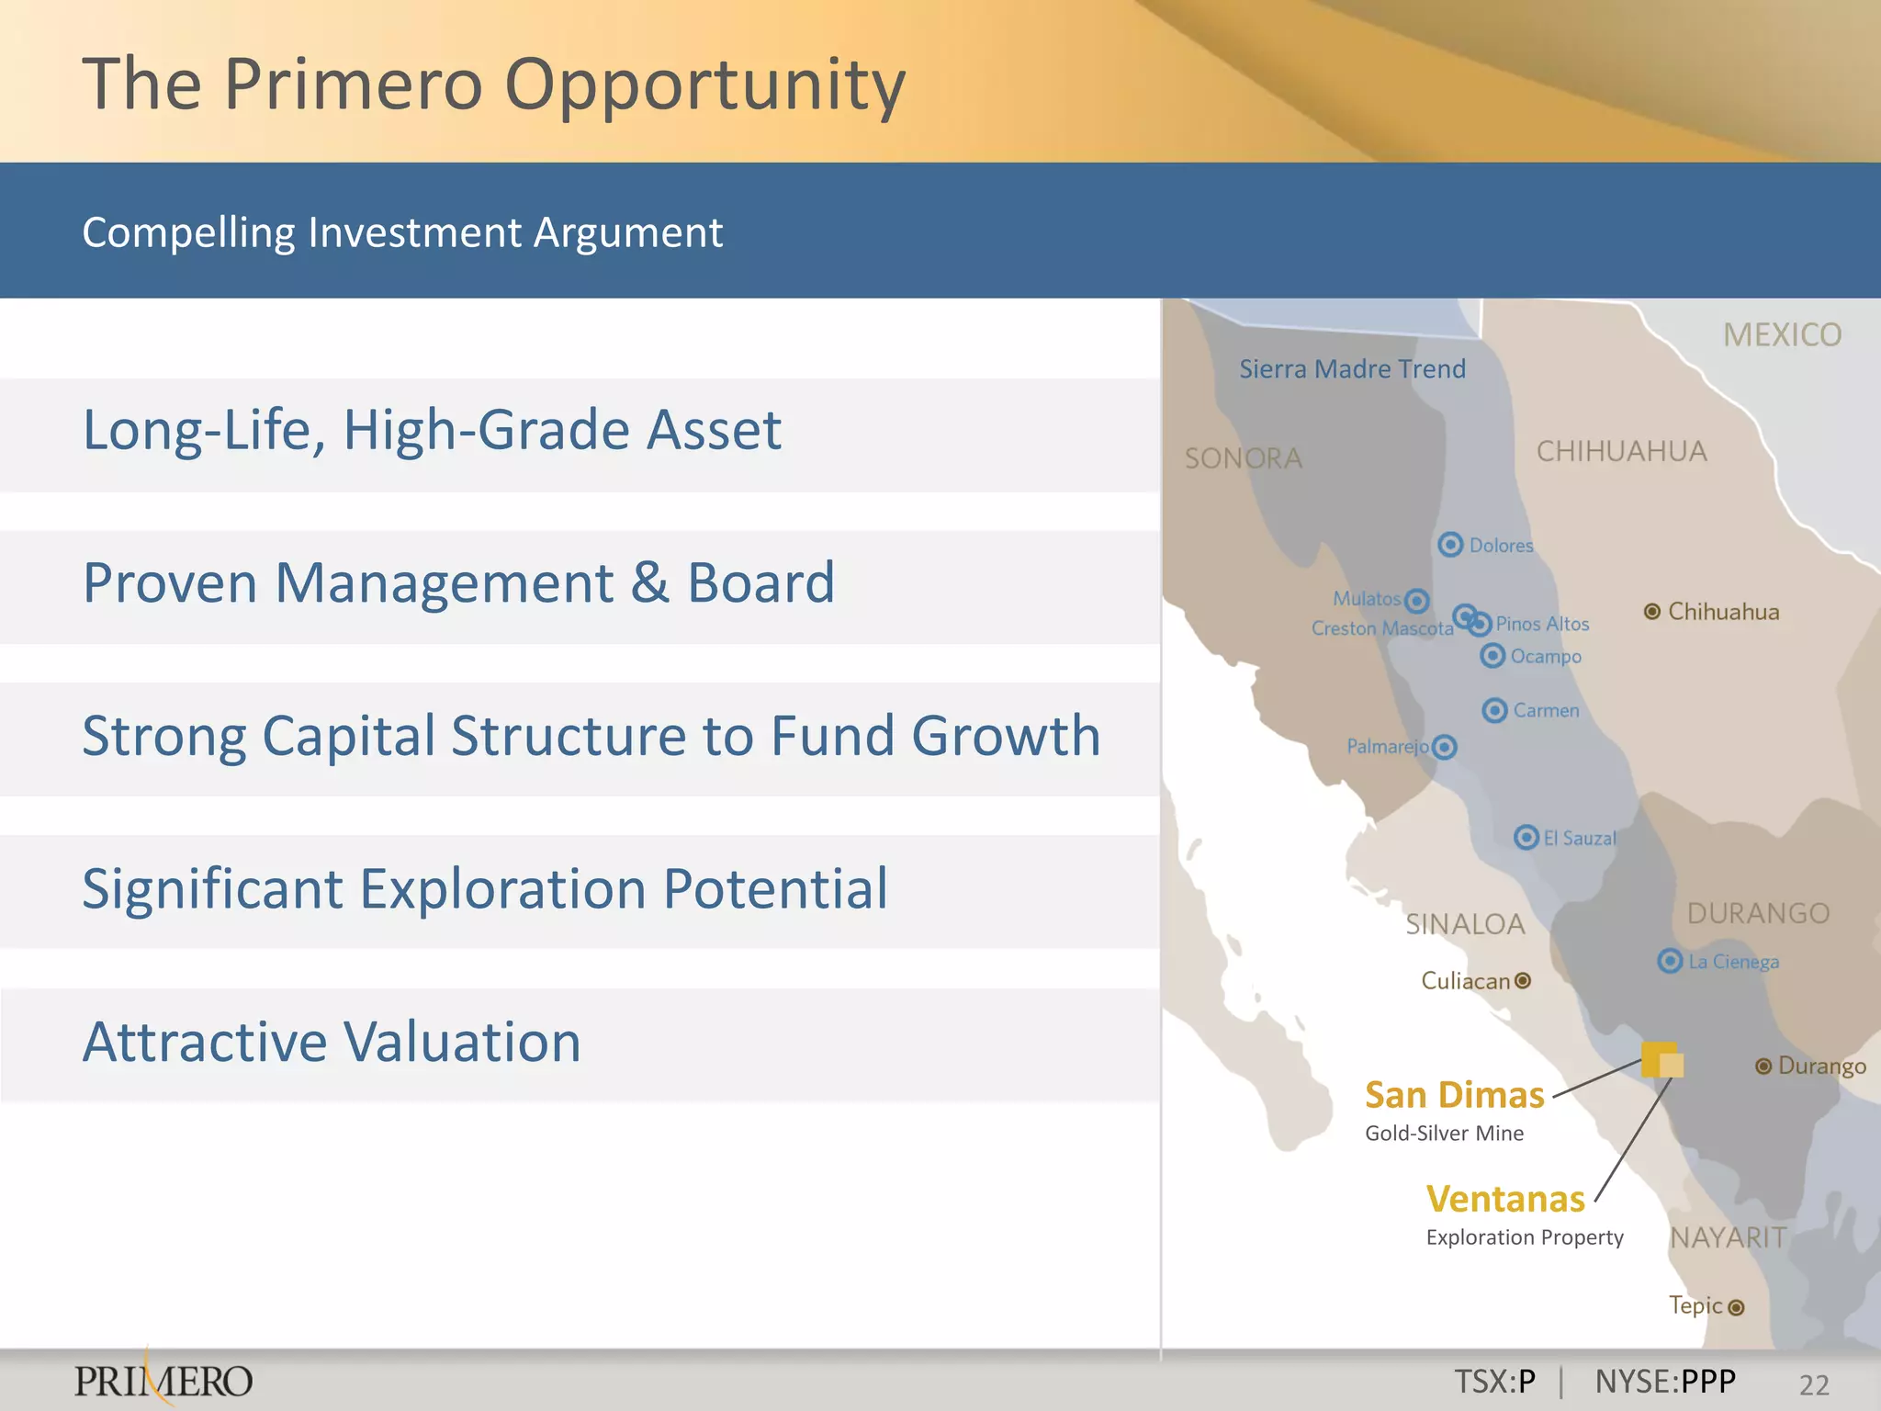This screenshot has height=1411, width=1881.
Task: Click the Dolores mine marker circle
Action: pyautogui.click(x=1450, y=545)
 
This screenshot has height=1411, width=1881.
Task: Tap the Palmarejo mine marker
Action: pyautogui.click(x=1445, y=747)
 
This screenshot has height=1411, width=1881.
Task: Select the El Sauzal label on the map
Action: pyautogui.click(x=1579, y=838)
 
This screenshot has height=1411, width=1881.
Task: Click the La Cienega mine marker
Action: pyautogui.click(x=1670, y=961)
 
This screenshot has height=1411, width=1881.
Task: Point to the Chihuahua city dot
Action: pyautogui.click(x=1651, y=612)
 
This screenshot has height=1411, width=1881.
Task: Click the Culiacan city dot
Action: pyautogui.click(x=1523, y=980)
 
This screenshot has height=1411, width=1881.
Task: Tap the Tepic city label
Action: pyautogui.click(x=1695, y=1305)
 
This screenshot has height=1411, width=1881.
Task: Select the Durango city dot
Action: pyautogui.click(x=1763, y=1066)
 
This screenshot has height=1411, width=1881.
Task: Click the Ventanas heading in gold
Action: pyautogui.click(x=1505, y=1199)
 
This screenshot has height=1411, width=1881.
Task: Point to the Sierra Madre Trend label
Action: pyautogui.click(x=1352, y=369)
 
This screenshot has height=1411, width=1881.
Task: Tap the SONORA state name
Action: pyautogui.click(x=1243, y=458)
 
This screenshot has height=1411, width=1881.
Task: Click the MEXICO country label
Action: pyautogui.click(x=1782, y=335)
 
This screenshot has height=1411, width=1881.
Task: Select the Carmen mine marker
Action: pyautogui.click(x=1494, y=710)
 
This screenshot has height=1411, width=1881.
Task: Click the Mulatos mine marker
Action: pyautogui.click(x=1417, y=601)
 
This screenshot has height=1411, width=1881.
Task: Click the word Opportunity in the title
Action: pyautogui.click(x=704, y=85)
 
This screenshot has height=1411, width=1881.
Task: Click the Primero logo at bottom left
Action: pyautogui.click(x=163, y=1380)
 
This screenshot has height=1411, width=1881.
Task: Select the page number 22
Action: pyautogui.click(x=1814, y=1384)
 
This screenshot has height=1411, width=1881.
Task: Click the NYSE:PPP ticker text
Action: pyautogui.click(x=1665, y=1382)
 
